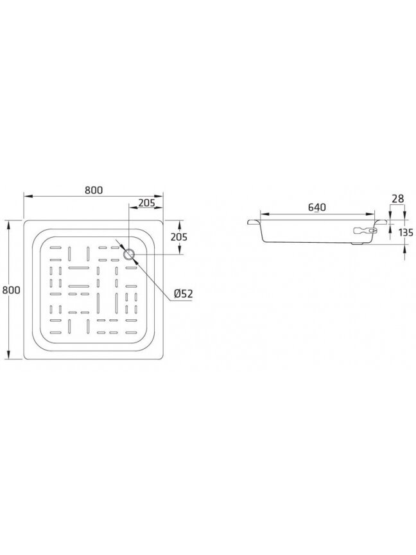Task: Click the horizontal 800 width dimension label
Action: [94, 190]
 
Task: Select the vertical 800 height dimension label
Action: [12, 290]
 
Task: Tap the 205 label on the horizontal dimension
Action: [147, 203]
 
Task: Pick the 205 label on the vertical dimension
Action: [179, 237]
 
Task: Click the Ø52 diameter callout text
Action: [183, 294]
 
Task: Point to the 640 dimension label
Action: [317, 207]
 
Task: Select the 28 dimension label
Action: [398, 199]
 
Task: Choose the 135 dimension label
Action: [406, 233]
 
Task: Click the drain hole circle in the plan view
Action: [129, 254]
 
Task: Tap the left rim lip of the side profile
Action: [254, 223]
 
